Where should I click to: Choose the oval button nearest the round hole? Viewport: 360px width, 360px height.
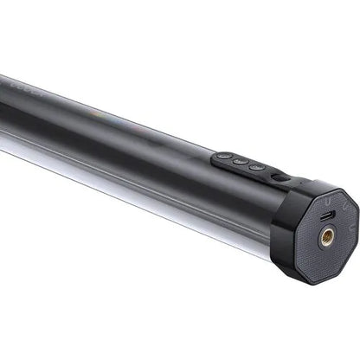tap(256, 165)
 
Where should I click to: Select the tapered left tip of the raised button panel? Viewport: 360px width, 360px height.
tap(215, 157)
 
